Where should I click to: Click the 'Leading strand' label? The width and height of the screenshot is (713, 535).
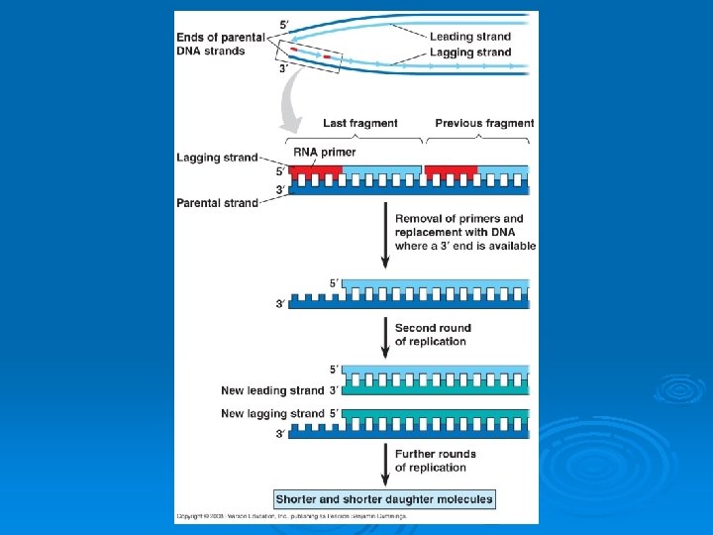pyautogui.click(x=470, y=38)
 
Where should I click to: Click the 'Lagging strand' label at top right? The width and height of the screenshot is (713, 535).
pyautogui.click(x=470, y=53)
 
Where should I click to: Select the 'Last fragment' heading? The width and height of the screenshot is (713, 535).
pyautogui.click(x=360, y=124)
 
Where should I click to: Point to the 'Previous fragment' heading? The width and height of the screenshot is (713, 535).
pyautogui.click(x=484, y=124)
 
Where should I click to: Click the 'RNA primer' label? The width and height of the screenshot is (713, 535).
pyautogui.click(x=324, y=153)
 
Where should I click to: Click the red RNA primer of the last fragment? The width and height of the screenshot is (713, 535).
pyautogui.click(x=316, y=170)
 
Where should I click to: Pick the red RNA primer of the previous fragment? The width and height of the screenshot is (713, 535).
pyautogui.click(x=451, y=170)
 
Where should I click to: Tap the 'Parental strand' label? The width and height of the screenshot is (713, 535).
pyautogui.click(x=216, y=203)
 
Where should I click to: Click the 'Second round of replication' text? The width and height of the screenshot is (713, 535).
pyautogui.click(x=433, y=334)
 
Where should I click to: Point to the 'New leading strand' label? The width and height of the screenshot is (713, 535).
pyautogui.click(x=272, y=390)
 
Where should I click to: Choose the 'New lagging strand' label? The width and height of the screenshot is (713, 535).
pyautogui.click(x=272, y=413)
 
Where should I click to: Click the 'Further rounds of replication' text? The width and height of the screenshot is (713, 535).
pyautogui.click(x=435, y=461)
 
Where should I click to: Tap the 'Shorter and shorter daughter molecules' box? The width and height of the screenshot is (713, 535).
pyautogui.click(x=384, y=499)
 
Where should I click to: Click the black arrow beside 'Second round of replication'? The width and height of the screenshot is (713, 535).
pyautogui.click(x=384, y=335)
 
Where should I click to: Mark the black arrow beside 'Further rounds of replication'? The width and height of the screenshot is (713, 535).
pyautogui.click(x=384, y=462)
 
